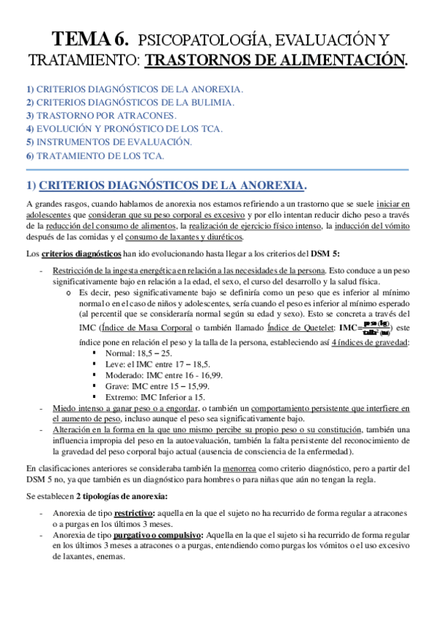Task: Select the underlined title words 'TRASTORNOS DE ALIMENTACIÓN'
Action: (x=275, y=60)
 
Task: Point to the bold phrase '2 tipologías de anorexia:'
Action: (x=122, y=495)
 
